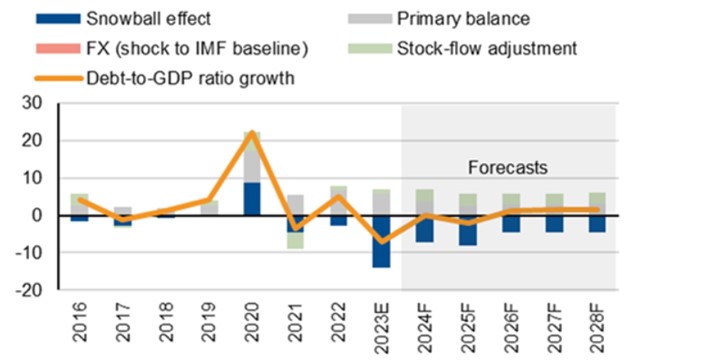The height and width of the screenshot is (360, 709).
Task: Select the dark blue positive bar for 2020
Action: (252, 199)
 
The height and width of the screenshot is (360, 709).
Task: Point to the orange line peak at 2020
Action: (252, 133)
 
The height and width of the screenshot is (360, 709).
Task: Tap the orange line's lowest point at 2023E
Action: (381, 242)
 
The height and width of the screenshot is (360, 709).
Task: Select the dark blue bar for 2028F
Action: (596, 224)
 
